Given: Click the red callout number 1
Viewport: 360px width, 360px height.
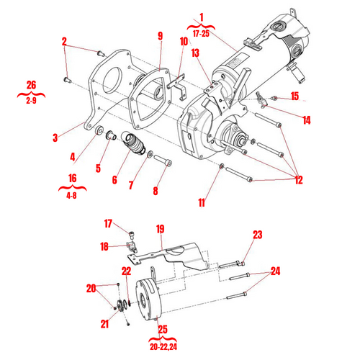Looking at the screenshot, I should pos(202,17).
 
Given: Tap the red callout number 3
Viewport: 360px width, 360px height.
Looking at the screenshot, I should pos(56,136).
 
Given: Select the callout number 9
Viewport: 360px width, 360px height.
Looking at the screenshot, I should pos(160,36).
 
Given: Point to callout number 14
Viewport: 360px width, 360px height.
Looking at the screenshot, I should pos(307,120).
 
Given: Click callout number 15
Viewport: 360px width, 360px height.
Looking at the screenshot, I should pos(294,96).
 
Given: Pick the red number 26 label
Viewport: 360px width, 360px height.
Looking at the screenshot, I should pos(30,84).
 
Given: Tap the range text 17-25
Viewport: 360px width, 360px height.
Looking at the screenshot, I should pos(202,32).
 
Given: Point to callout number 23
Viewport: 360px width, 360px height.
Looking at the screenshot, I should pos(257,235).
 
